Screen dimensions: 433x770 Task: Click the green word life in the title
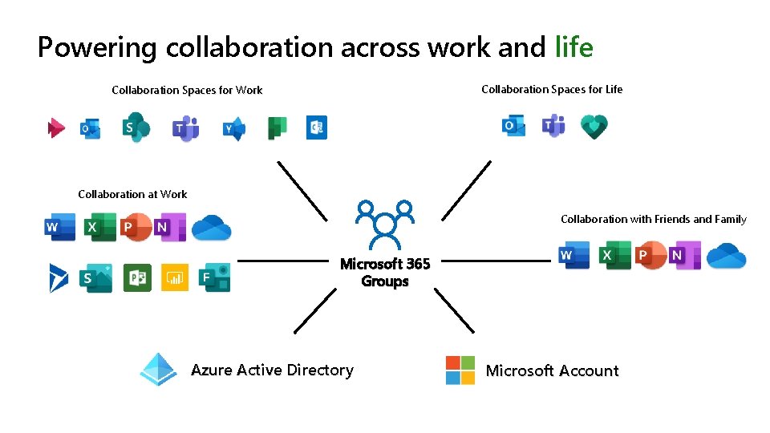[573, 48]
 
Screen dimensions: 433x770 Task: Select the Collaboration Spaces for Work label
[187, 91]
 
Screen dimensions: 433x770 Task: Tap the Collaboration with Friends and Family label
[653, 219]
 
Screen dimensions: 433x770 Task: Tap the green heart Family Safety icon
[594, 127]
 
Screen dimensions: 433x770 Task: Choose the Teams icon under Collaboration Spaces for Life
[553, 126]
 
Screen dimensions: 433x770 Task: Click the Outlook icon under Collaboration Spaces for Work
[90, 128]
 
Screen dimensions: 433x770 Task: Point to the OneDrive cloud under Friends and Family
[727, 255]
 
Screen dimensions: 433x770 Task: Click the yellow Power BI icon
[175, 277]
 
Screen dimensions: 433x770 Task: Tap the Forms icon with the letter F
[214, 277]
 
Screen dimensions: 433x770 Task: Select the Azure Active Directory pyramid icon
[158, 370]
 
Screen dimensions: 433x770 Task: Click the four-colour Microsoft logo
[460, 370]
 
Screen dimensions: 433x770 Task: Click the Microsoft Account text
[552, 370]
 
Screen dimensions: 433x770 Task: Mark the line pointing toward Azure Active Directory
[315, 310]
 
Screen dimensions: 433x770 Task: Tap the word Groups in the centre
[385, 281]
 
